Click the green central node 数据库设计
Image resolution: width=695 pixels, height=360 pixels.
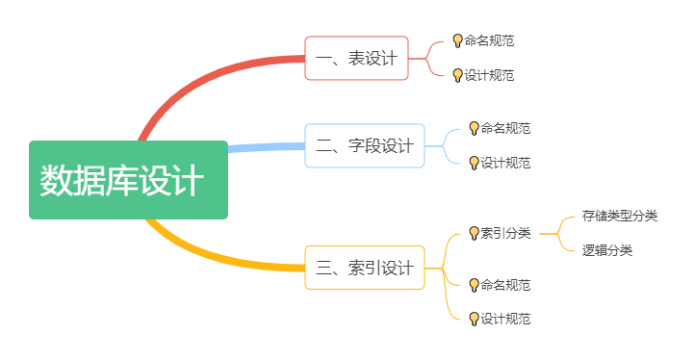[128, 180]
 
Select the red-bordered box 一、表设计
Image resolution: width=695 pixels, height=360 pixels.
[356, 58]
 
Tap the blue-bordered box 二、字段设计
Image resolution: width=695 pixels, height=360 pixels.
[364, 145]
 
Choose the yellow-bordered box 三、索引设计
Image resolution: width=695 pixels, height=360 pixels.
[364, 267]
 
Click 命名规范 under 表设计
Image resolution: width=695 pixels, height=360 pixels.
[489, 41]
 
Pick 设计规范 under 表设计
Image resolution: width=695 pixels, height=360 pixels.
[489, 75]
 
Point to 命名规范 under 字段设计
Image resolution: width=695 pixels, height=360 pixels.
[505, 128]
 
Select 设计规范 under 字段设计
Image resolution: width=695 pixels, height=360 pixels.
[505, 163]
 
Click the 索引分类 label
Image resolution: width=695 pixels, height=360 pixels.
[505, 232]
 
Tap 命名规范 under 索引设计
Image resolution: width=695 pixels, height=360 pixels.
[505, 285]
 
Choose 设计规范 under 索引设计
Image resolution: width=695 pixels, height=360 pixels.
[505, 319]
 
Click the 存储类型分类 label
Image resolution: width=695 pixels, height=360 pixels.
[620, 216]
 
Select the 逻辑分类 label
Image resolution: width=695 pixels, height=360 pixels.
[607, 250]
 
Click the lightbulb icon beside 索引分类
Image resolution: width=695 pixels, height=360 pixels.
[474, 233]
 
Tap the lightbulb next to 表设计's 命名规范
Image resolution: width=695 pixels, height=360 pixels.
[458, 41]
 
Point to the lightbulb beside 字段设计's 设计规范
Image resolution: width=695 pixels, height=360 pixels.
[474, 163]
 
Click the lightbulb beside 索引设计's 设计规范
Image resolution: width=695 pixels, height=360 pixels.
[474, 319]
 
